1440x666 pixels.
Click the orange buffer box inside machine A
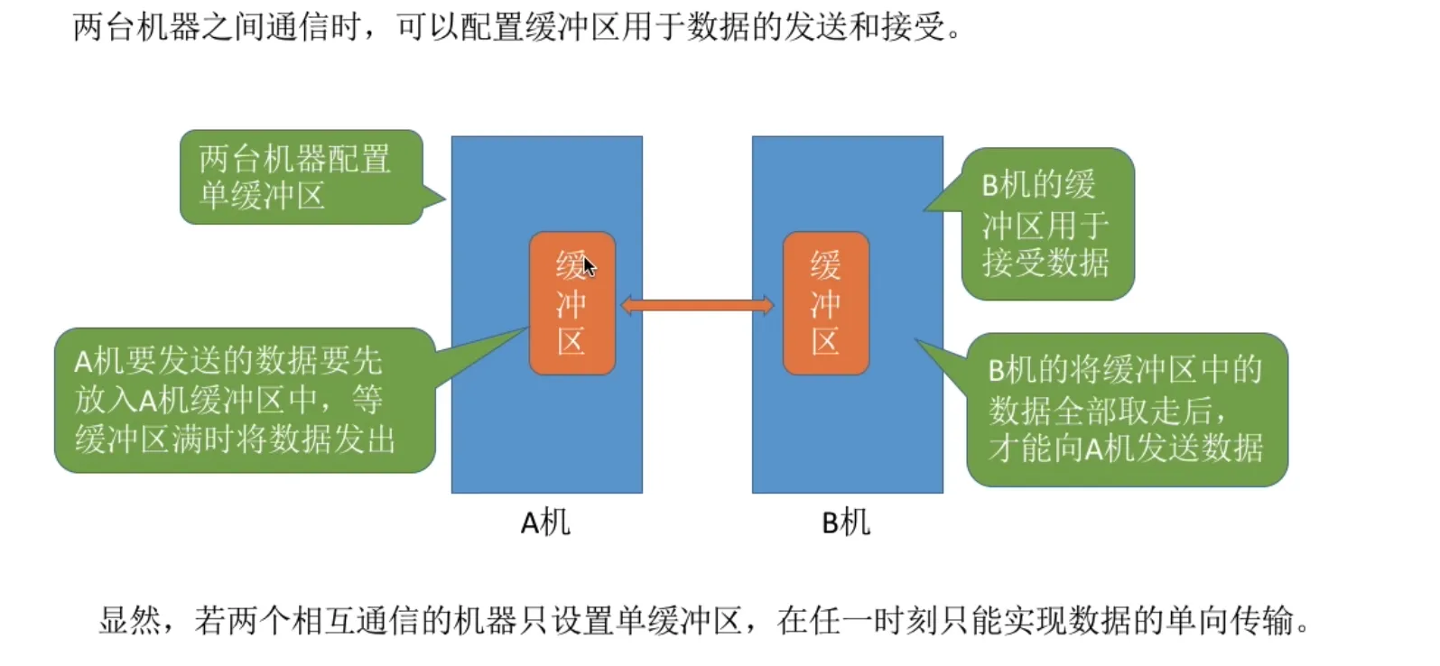571,303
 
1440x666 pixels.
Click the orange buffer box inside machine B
825,303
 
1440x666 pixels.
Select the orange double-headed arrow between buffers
697,306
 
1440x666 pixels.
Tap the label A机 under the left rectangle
545,523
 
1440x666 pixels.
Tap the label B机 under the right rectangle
846,523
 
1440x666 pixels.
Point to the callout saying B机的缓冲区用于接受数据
1046,224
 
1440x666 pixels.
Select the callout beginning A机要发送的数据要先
244,400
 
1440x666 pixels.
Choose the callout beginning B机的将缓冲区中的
1126,409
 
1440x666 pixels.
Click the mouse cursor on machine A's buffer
589,265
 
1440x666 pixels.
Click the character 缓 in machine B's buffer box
825,265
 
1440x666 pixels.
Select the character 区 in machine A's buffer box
571,342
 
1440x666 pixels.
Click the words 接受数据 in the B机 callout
1045,263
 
